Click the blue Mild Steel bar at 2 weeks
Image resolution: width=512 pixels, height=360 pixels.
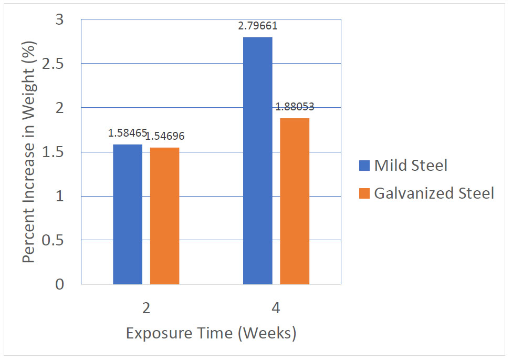click(128, 214)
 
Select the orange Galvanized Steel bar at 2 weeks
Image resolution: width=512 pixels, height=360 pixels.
click(164, 216)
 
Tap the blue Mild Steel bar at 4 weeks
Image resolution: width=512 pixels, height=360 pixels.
click(258, 161)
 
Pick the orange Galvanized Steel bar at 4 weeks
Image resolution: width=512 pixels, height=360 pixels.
click(295, 201)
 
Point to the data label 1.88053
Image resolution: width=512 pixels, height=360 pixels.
click(295, 107)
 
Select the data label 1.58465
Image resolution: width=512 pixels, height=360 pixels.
click(128, 133)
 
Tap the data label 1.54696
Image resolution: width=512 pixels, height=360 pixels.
click(165, 137)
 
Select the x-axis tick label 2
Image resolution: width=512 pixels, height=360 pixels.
click(146, 308)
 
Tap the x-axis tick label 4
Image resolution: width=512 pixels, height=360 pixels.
click(276, 308)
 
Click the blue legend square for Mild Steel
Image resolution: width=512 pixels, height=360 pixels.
click(364, 166)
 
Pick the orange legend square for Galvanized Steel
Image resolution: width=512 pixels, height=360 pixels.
click(364, 193)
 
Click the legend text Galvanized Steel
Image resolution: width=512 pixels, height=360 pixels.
click(434, 193)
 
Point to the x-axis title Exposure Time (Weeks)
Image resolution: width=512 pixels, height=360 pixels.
click(211, 334)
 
